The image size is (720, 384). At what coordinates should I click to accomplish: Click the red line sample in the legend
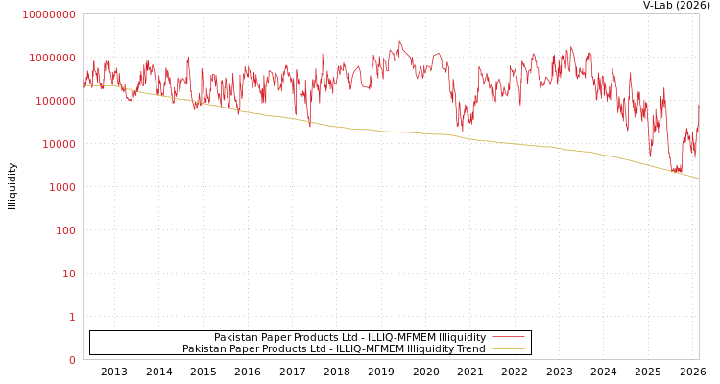pos(508,337)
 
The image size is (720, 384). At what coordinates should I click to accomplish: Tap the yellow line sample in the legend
pos(508,348)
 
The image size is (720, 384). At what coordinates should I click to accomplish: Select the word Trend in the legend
pos(469,348)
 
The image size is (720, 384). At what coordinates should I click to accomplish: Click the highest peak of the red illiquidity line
pos(399,40)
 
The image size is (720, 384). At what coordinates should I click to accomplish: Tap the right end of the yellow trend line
pos(698,179)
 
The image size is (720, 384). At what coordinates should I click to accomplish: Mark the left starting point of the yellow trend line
pos(84,86)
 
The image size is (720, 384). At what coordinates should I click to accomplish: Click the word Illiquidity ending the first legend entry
pos(462,337)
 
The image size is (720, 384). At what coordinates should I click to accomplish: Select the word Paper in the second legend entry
pos(244,348)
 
